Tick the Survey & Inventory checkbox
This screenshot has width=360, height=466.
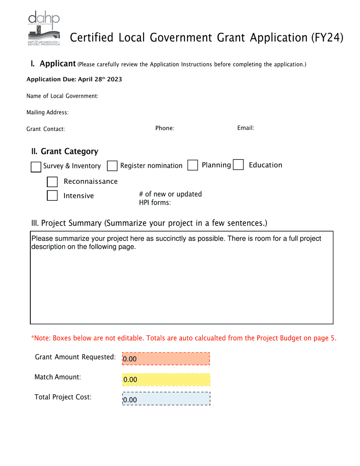(x=36, y=167)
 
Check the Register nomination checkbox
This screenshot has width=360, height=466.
(x=112, y=166)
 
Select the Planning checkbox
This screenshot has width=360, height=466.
(x=193, y=166)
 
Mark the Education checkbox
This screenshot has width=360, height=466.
(x=238, y=165)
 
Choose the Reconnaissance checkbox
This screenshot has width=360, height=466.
(x=52, y=182)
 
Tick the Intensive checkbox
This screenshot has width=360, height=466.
(x=52, y=195)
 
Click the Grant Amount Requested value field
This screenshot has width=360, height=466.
(x=166, y=358)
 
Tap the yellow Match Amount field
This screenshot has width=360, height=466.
(x=166, y=379)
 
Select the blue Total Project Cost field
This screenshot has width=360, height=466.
(x=166, y=399)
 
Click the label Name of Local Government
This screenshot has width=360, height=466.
(x=63, y=96)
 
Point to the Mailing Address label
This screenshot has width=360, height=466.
(x=47, y=113)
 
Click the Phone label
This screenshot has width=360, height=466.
(x=165, y=128)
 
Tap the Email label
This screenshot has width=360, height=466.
(x=246, y=128)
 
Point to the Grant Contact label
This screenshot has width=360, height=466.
(x=45, y=129)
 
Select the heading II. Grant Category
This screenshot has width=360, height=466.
(x=65, y=152)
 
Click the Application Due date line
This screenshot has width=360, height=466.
(x=74, y=80)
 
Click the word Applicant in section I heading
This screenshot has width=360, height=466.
(x=58, y=64)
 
